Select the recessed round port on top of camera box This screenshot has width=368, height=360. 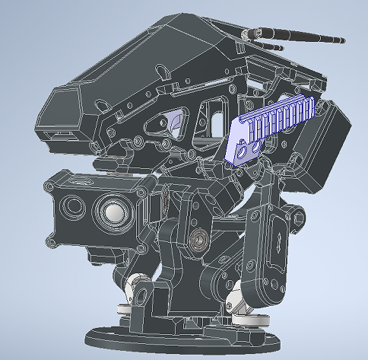coord(78,183)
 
